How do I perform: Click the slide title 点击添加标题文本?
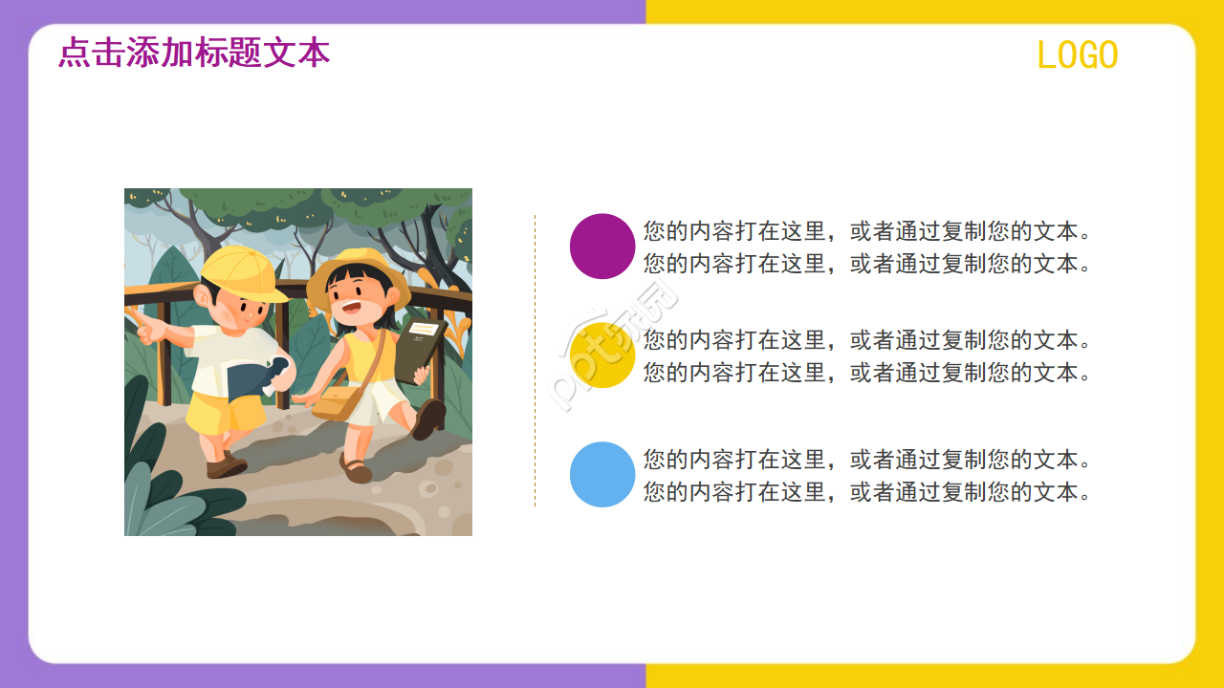coord(194,53)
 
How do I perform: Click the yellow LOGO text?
coord(1078,56)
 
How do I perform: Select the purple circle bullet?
coord(602,247)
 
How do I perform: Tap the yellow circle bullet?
coord(602,355)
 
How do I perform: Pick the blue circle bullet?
coord(602,474)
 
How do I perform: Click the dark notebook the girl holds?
coord(419,350)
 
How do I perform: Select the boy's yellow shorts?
coord(225,413)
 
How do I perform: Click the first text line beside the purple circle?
coord(868,231)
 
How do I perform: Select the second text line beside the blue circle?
coord(868,492)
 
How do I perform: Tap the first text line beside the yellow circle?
coord(868,340)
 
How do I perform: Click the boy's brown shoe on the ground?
coord(227,467)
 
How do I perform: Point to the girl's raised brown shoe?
coord(429,418)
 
